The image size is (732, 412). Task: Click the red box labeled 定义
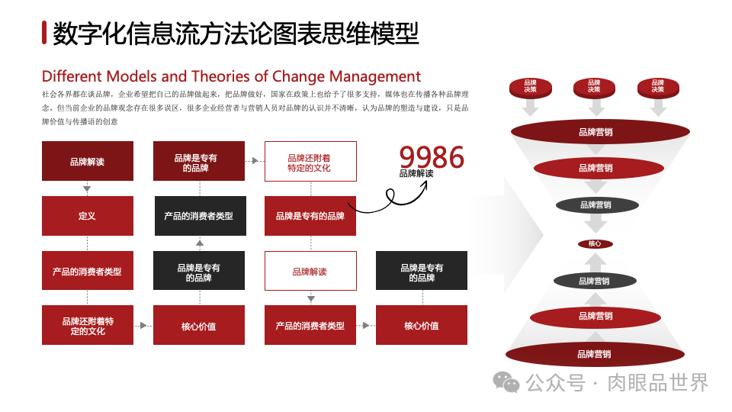[x=87, y=216]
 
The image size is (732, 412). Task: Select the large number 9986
[x=432, y=157]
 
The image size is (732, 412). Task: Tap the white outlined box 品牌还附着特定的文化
[x=310, y=162]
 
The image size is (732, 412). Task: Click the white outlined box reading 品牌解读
[x=310, y=272]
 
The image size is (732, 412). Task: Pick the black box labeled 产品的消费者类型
[x=198, y=216]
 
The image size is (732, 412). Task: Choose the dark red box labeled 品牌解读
[x=87, y=161]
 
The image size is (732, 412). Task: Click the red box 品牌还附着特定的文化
[x=87, y=326]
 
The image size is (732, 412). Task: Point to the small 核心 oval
[x=595, y=244]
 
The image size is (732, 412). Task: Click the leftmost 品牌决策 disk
[x=530, y=87]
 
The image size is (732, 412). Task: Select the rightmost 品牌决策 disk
[x=657, y=87]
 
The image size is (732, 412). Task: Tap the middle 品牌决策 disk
[x=594, y=87]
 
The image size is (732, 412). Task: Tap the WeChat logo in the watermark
[x=506, y=381]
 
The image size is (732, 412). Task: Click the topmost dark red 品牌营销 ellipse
[x=595, y=132]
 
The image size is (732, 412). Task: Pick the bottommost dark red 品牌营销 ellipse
[x=594, y=354]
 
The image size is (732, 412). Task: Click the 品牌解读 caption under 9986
[x=416, y=173]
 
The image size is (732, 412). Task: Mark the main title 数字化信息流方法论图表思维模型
[x=236, y=33]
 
